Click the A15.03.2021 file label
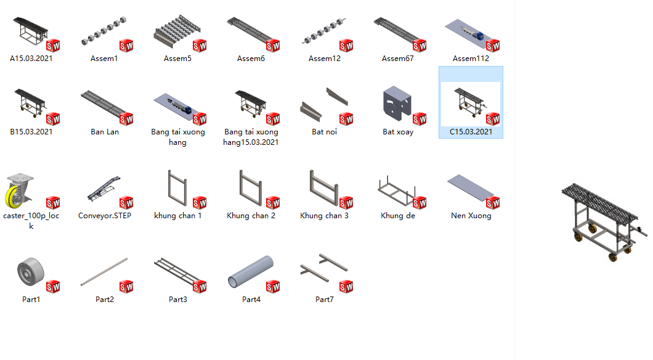click(31, 59)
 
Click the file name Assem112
click(471, 59)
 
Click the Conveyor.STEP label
click(105, 215)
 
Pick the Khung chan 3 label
click(325, 215)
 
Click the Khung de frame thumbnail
click(397, 191)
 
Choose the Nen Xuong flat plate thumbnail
click(470, 186)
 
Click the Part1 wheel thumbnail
click(31, 272)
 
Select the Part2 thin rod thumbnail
click(104, 272)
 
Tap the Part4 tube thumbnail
click(251, 272)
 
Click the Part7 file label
click(325, 299)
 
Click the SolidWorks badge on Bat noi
click(346, 119)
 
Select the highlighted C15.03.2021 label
click(471, 132)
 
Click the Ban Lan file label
click(105, 132)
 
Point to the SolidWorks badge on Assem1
click(126, 46)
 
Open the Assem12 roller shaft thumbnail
click(324, 31)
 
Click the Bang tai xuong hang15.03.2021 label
click(251, 137)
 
